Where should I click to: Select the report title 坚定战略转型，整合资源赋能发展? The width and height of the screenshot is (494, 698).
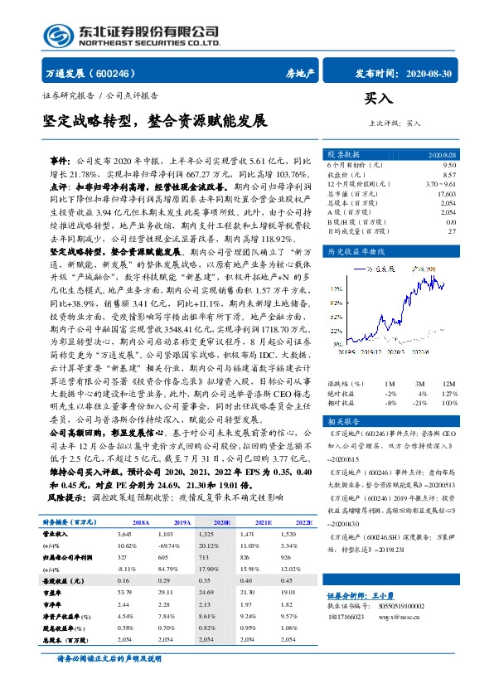tap(155, 121)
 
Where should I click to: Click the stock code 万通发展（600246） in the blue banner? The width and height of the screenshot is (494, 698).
tap(92, 73)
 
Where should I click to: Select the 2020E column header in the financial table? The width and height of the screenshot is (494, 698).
tap(221, 523)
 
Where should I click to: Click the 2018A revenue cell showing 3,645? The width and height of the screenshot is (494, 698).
tap(125, 536)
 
